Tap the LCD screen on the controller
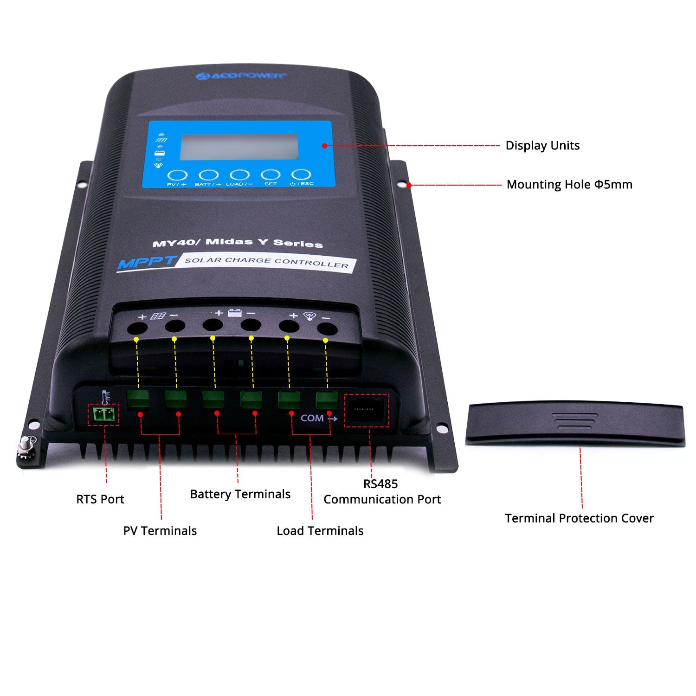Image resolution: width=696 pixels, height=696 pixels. pyautogui.click(x=239, y=147)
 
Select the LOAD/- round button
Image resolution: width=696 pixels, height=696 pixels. pyautogui.click(x=240, y=175)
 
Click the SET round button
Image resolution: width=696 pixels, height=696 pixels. pyautogui.click(x=271, y=175)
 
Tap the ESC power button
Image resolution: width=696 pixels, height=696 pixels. pyautogui.click(x=301, y=175)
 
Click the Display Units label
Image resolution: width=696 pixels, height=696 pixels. pyautogui.click(x=542, y=146)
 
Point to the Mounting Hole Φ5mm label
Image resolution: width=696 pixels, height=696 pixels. pyautogui.click(x=569, y=185)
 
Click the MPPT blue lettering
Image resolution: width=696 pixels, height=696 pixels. pyautogui.click(x=147, y=262)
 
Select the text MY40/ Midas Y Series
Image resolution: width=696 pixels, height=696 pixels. pyautogui.click(x=238, y=243)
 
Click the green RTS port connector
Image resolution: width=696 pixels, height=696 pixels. pyautogui.click(x=103, y=414)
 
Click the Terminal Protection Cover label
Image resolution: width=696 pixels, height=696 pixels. pyautogui.click(x=579, y=518)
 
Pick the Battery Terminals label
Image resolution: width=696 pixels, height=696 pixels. pyautogui.click(x=240, y=494)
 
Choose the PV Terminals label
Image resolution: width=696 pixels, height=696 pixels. pyautogui.click(x=160, y=531)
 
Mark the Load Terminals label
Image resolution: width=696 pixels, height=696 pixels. pyautogui.click(x=320, y=531)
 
